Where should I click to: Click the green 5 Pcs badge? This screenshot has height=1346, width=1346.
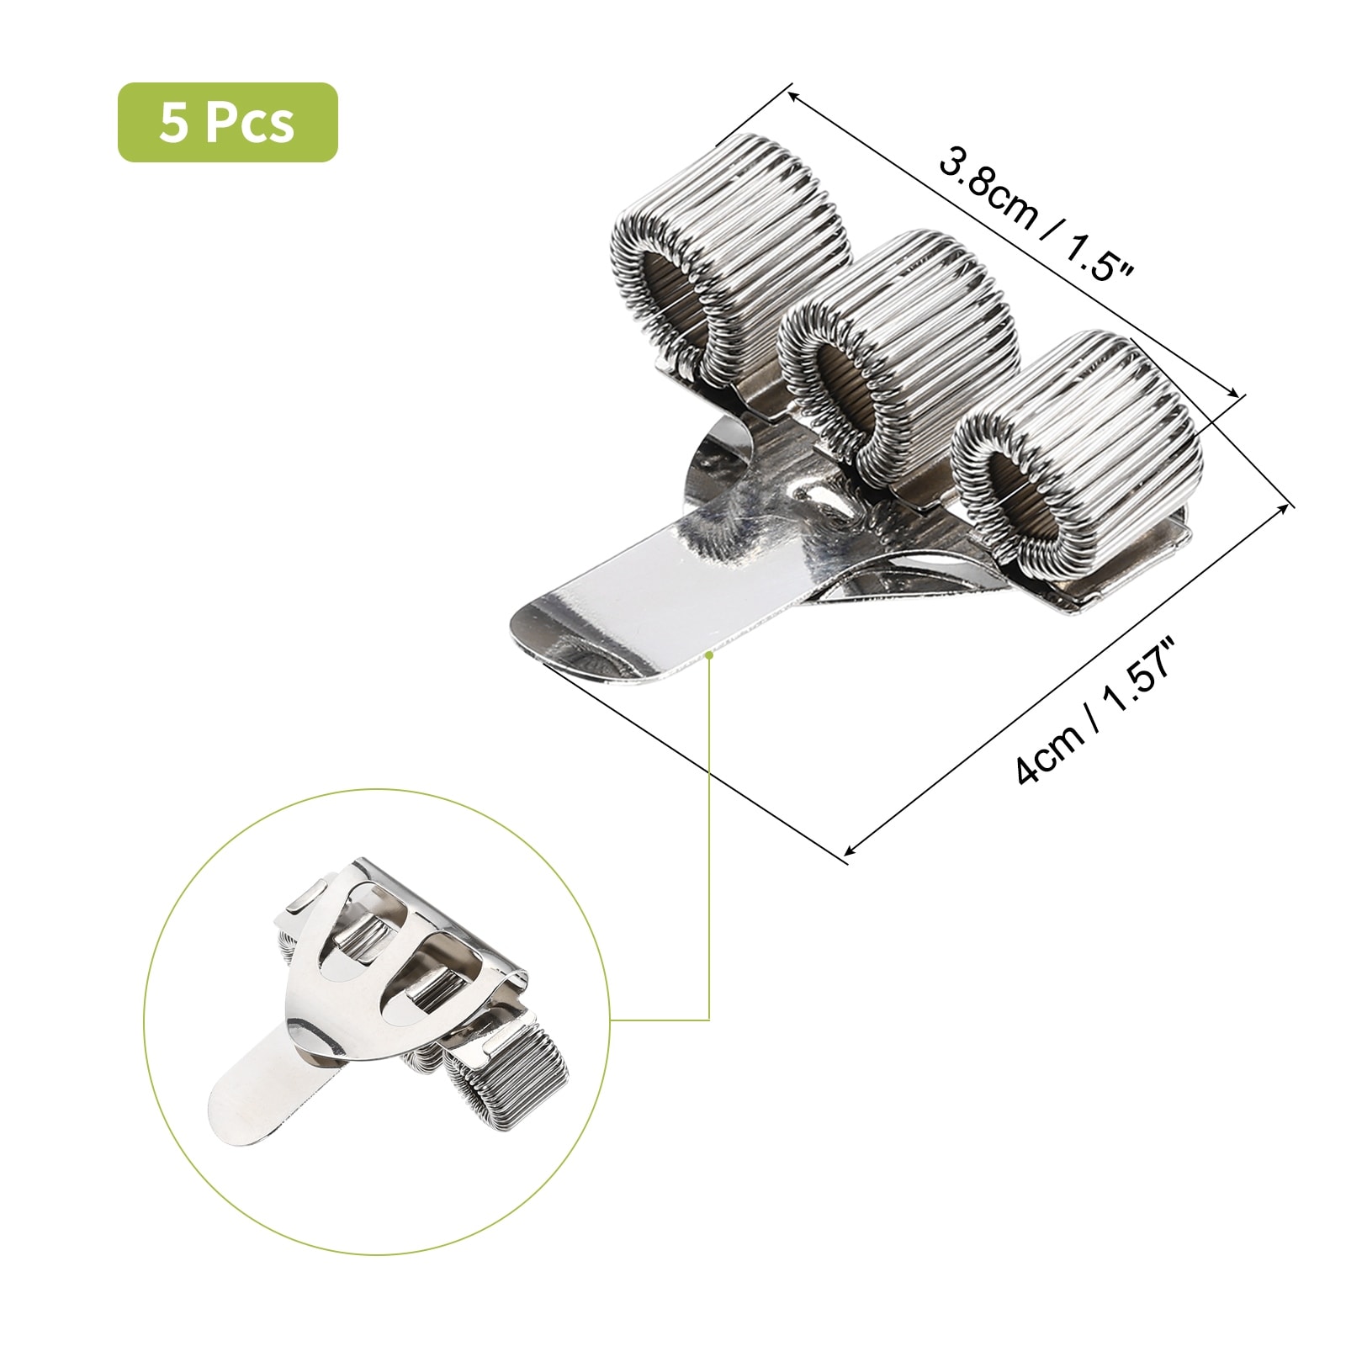pyautogui.click(x=227, y=122)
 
